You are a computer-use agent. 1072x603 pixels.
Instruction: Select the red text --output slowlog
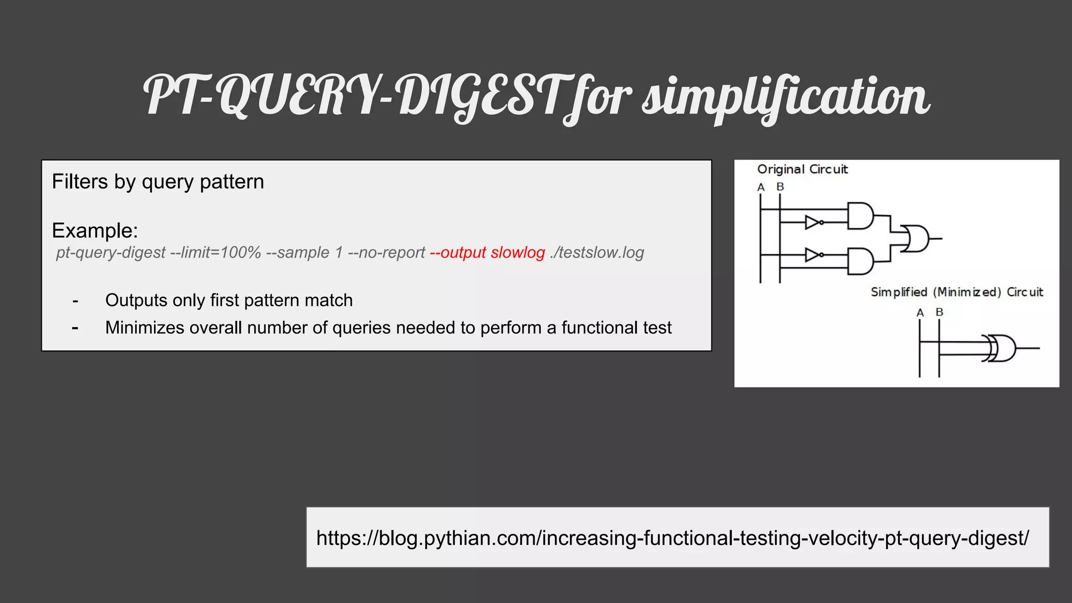pos(487,253)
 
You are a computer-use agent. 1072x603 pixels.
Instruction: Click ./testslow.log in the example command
pos(597,253)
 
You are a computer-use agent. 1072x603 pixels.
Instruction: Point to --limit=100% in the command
pos(216,253)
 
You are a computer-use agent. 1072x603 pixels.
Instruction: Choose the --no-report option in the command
pos(386,253)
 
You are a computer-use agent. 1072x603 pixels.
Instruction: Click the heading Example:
pos(95,230)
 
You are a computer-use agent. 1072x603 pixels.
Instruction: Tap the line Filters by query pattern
pos(158,182)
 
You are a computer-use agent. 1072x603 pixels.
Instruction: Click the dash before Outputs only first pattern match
pos(75,301)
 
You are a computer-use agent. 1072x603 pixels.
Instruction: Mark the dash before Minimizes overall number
pos(75,328)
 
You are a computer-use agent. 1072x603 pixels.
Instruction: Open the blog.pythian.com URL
pos(672,538)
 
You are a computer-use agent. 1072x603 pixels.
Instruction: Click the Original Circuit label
pos(802,170)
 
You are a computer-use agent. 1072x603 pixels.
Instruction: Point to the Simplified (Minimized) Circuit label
pos(956,292)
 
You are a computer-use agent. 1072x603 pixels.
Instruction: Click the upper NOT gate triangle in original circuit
pos(812,222)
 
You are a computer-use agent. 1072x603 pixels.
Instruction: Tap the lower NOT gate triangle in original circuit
pos(812,255)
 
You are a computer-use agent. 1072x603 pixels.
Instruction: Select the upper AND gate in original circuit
pos(860,216)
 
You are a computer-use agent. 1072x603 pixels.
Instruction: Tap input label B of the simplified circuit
pos(940,312)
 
